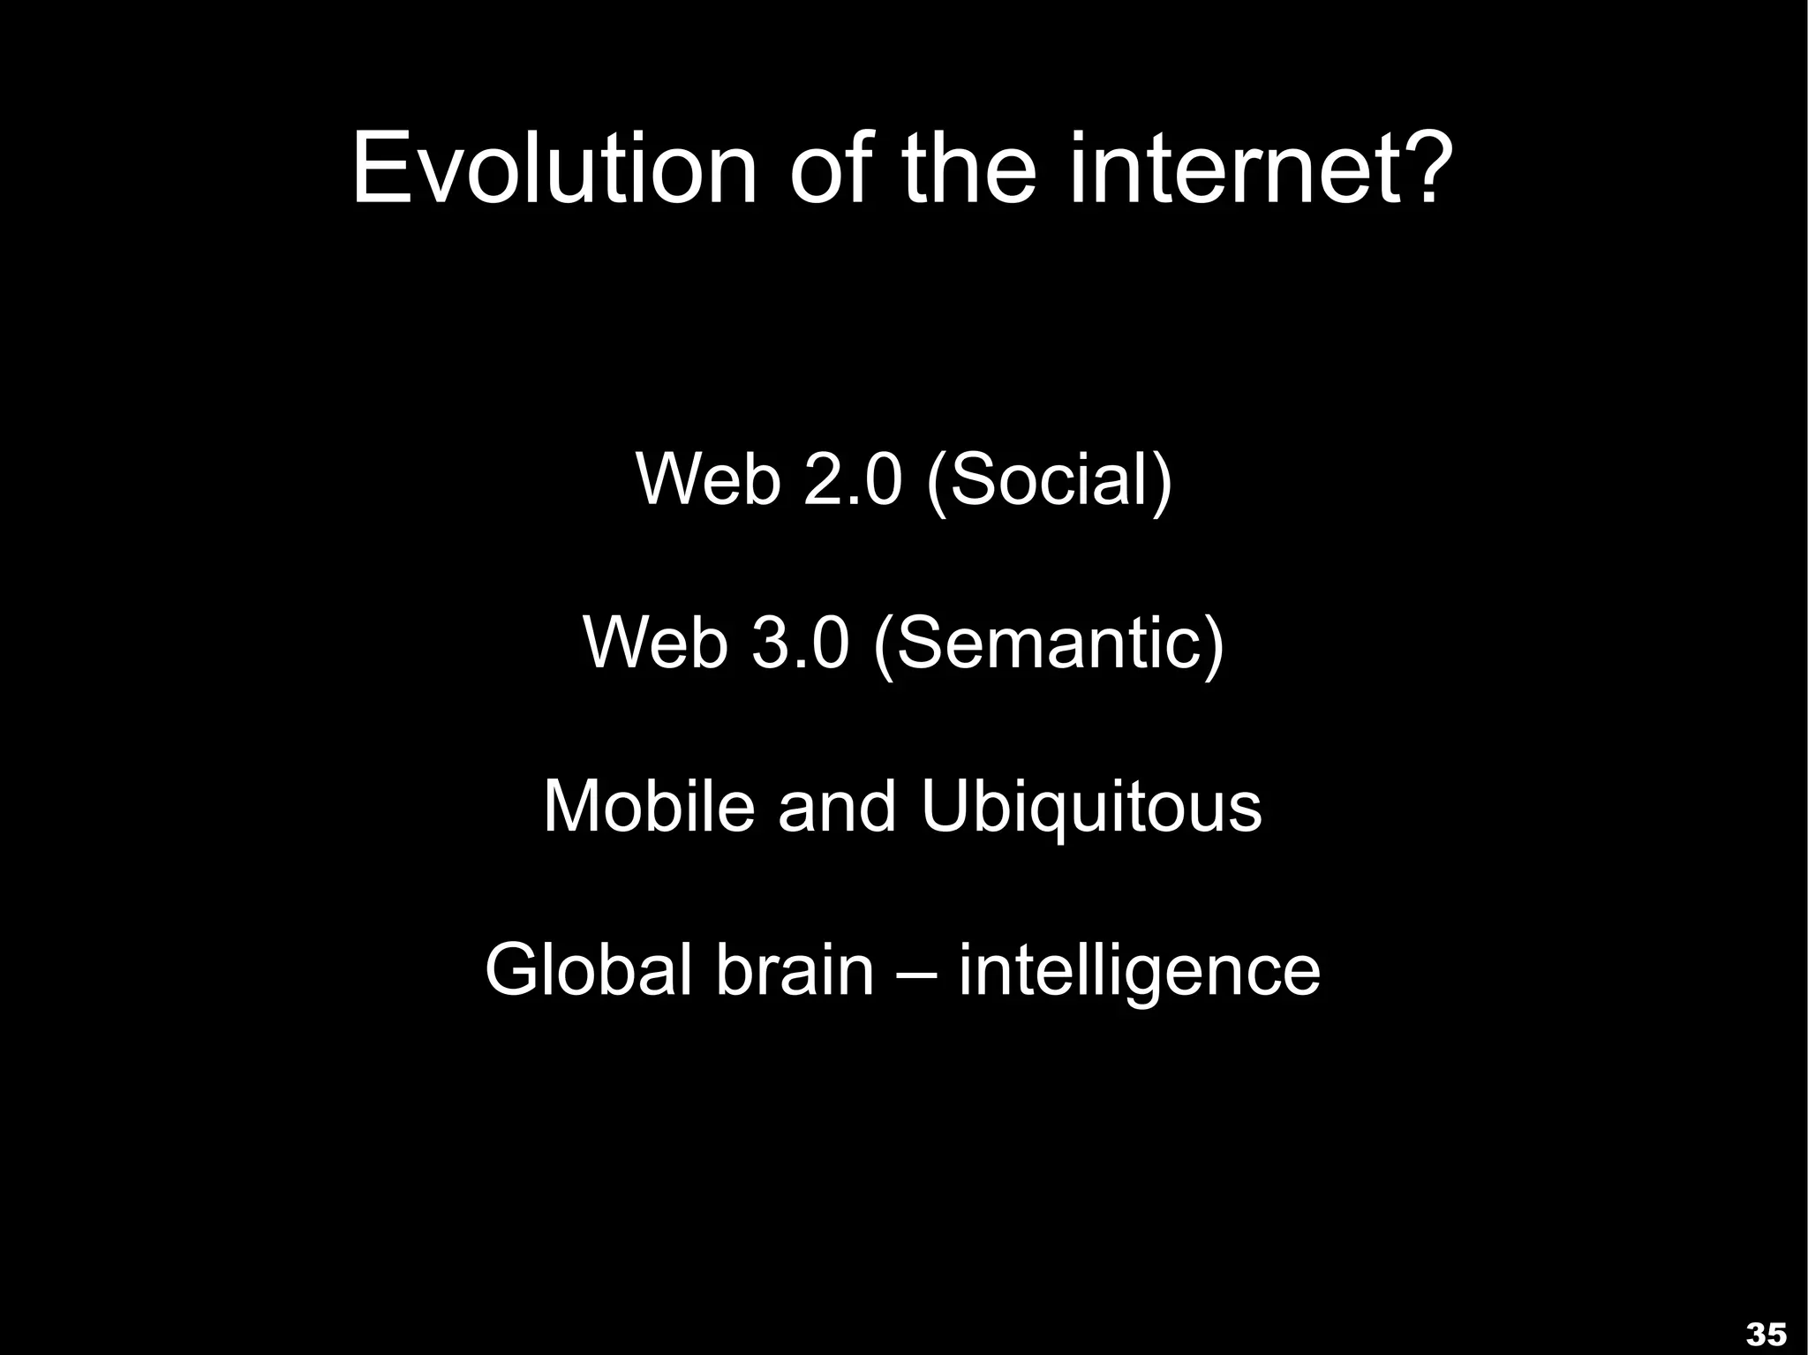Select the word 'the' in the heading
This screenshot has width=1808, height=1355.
click(968, 168)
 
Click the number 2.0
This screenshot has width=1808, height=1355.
click(853, 479)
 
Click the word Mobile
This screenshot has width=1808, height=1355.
click(649, 806)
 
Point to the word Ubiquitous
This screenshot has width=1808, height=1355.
click(1091, 806)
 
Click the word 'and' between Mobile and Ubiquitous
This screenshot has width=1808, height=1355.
click(837, 806)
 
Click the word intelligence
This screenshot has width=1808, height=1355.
click(1140, 971)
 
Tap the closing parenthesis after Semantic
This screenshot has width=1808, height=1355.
click(1215, 644)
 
